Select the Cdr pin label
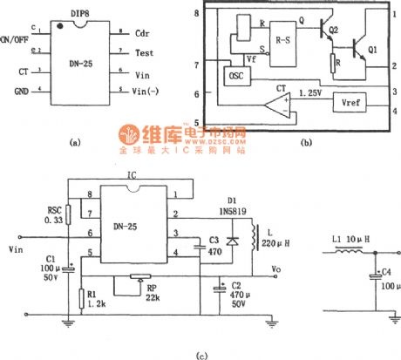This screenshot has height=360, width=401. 142,31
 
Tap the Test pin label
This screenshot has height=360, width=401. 144,52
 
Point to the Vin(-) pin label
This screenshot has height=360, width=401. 147,92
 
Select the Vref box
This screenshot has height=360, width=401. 346,102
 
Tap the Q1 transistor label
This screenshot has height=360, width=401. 372,50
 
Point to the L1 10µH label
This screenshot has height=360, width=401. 347,240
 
